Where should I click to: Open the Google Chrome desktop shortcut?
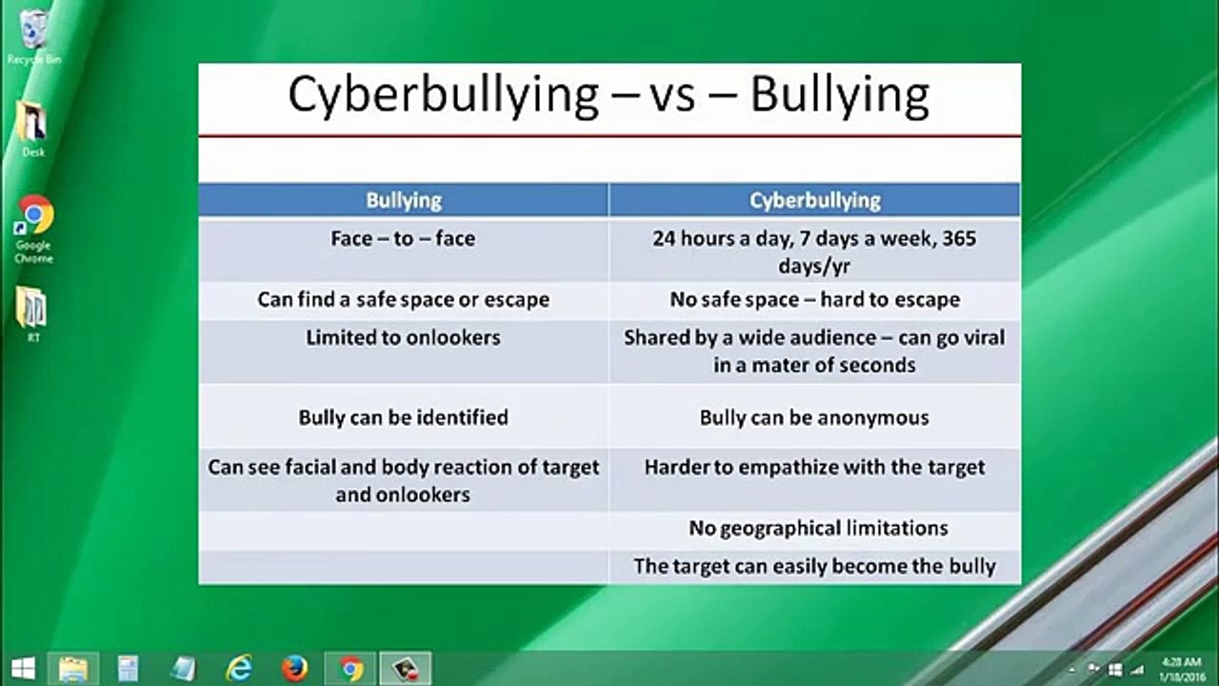(34, 216)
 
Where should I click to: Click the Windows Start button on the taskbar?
(24, 668)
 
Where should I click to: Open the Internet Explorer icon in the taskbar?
(239, 668)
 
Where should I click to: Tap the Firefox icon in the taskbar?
(294, 668)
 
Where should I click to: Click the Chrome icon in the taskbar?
(350, 669)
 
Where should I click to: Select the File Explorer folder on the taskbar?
(73, 668)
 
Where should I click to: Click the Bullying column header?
(404, 200)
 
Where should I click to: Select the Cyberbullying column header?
(814, 200)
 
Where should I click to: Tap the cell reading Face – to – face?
(403, 238)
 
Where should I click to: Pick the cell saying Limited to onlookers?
(403, 337)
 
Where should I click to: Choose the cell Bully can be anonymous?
(814, 417)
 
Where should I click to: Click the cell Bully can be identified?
(403, 417)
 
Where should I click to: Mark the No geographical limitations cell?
(818, 528)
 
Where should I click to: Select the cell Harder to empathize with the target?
(814, 468)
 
